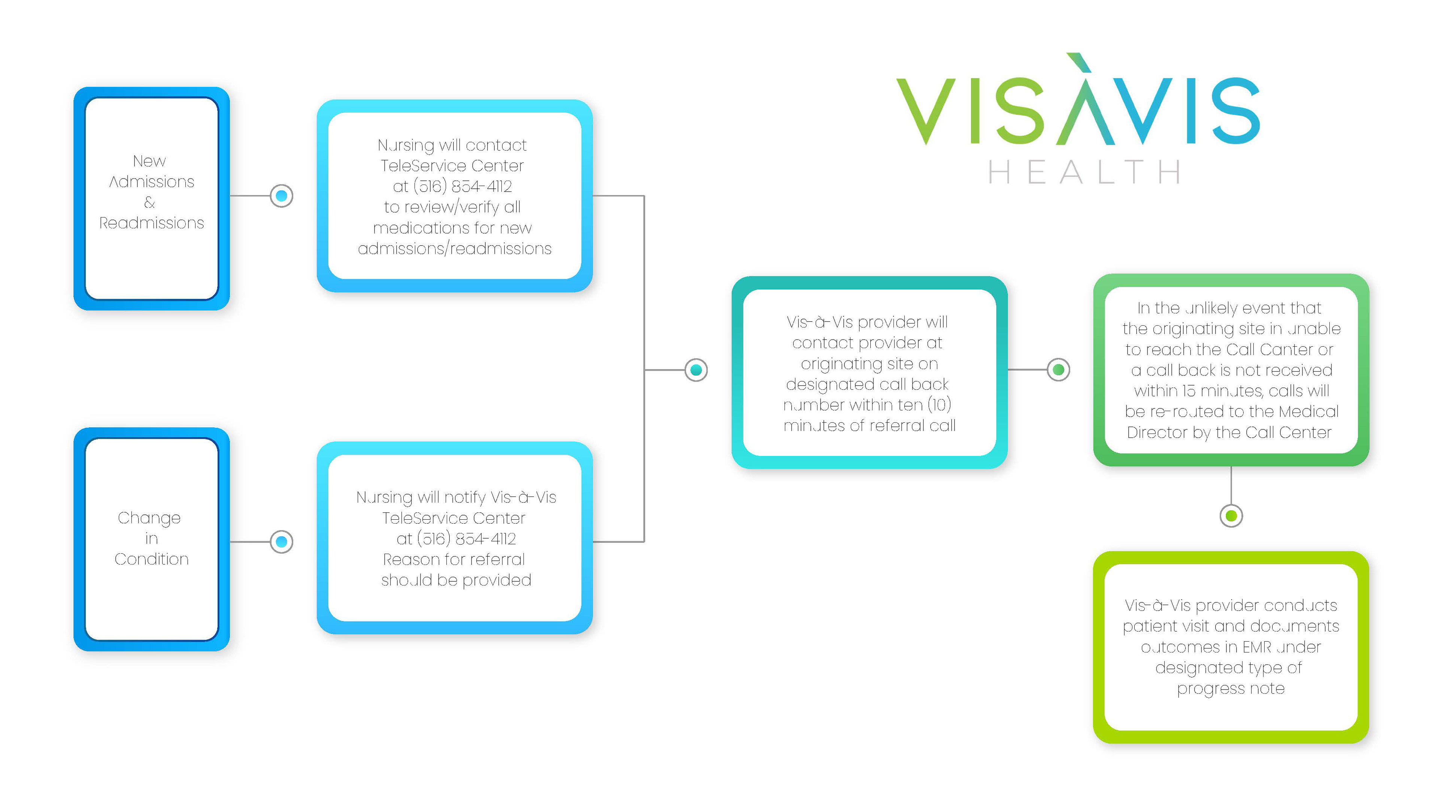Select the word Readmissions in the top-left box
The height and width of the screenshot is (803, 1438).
pos(151,223)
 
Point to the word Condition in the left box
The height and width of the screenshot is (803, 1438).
pos(151,559)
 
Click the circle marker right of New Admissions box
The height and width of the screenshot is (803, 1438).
pos(281,196)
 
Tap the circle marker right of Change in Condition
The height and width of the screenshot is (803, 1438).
pos(281,542)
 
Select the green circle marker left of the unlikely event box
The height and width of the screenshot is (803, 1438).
pos(1058,369)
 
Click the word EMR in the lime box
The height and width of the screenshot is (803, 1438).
pos(1257,647)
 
